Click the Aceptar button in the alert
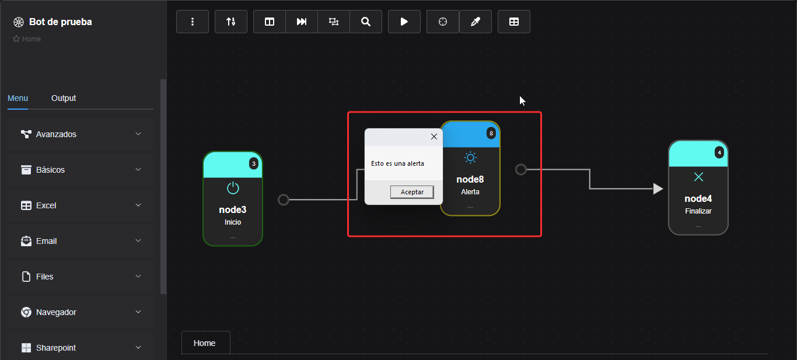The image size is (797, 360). tap(412, 192)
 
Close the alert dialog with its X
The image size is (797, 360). tap(434, 137)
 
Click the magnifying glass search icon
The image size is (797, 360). tap(366, 22)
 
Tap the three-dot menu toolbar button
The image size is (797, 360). tap(193, 22)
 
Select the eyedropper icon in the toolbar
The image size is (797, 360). tap(476, 22)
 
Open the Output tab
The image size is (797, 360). tap(64, 98)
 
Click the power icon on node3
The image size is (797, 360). tap(233, 188)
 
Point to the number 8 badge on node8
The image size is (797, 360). tap(491, 134)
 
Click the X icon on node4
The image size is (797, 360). tap(698, 177)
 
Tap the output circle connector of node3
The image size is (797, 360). tap(284, 200)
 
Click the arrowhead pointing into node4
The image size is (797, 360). tap(658, 189)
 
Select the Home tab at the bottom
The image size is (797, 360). tap(205, 343)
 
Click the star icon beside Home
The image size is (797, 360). tap(16, 39)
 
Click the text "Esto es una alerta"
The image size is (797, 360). tap(397, 163)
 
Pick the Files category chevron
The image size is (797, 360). tap(138, 277)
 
